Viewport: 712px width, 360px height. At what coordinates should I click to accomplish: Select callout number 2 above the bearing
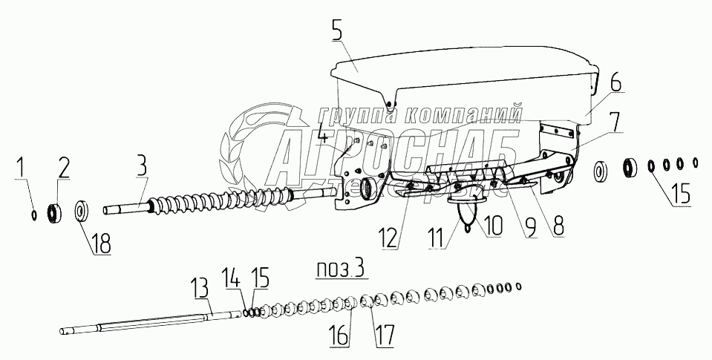[64, 168]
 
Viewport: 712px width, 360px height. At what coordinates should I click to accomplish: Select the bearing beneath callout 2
[54, 213]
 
